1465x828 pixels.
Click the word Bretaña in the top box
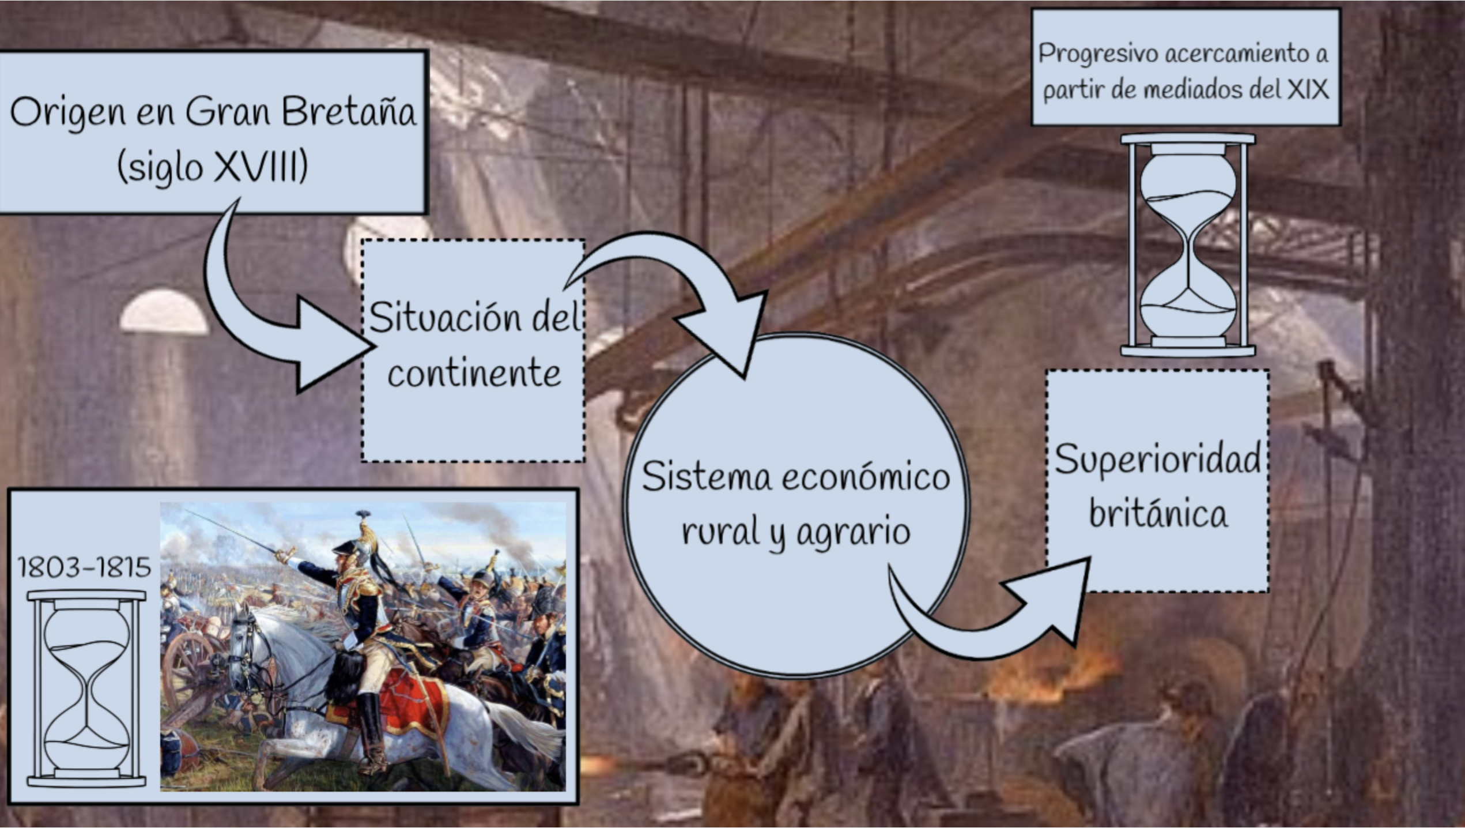(x=349, y=111)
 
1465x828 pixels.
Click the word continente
(x=474, y=373)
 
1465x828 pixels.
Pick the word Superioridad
(x=1157, y=460)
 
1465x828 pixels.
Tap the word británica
(x=1158, y=513)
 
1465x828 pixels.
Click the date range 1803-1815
(x=84, y=567)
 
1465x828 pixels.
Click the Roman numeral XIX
(x=1308, y=89)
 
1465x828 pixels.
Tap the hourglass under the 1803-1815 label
(x=86, y=688)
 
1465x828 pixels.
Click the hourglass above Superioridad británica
(x=1188, y=245)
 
